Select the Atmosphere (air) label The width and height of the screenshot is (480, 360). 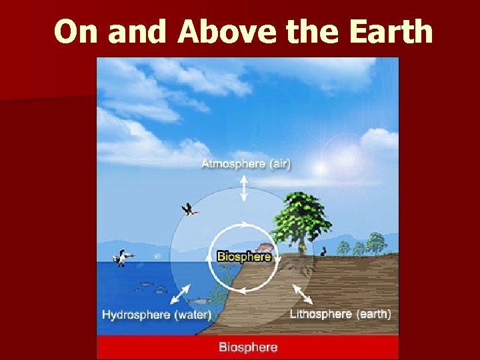pyautogui.click(x=246, y=163)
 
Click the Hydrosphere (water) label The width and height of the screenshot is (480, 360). pyautogui.click(x=157, y=315)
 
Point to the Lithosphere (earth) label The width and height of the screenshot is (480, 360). pyautogui.click(x=340, y=313)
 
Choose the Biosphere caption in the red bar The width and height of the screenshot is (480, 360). pyautogui.click(x=248, y=347)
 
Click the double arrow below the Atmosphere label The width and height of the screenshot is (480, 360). pyautogui.click(x=244, y=188)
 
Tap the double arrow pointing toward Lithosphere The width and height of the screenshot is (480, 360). pyautogui.click(x=302, y=292)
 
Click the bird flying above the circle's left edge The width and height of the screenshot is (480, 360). pyautogui.click(x=191, y=210)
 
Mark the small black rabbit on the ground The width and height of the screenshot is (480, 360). pyautogui.click(x=323, y=251)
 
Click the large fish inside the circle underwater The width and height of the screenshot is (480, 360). pyautogui.click(x=202, y=301)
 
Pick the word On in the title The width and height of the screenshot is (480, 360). pyautogui.click(x=76, y=32)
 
